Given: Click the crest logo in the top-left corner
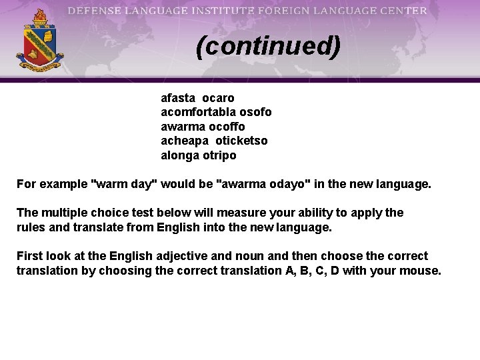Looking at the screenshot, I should (40, 41).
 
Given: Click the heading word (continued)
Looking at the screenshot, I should (268, 47).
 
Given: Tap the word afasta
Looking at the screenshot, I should (177, 98).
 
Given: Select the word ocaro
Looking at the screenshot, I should (219, 98).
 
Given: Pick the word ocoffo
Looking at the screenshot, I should (227, 127).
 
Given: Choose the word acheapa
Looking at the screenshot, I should (184, 141).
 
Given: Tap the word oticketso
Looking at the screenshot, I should (241, 141).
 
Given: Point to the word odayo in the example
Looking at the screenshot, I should (296, 184).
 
